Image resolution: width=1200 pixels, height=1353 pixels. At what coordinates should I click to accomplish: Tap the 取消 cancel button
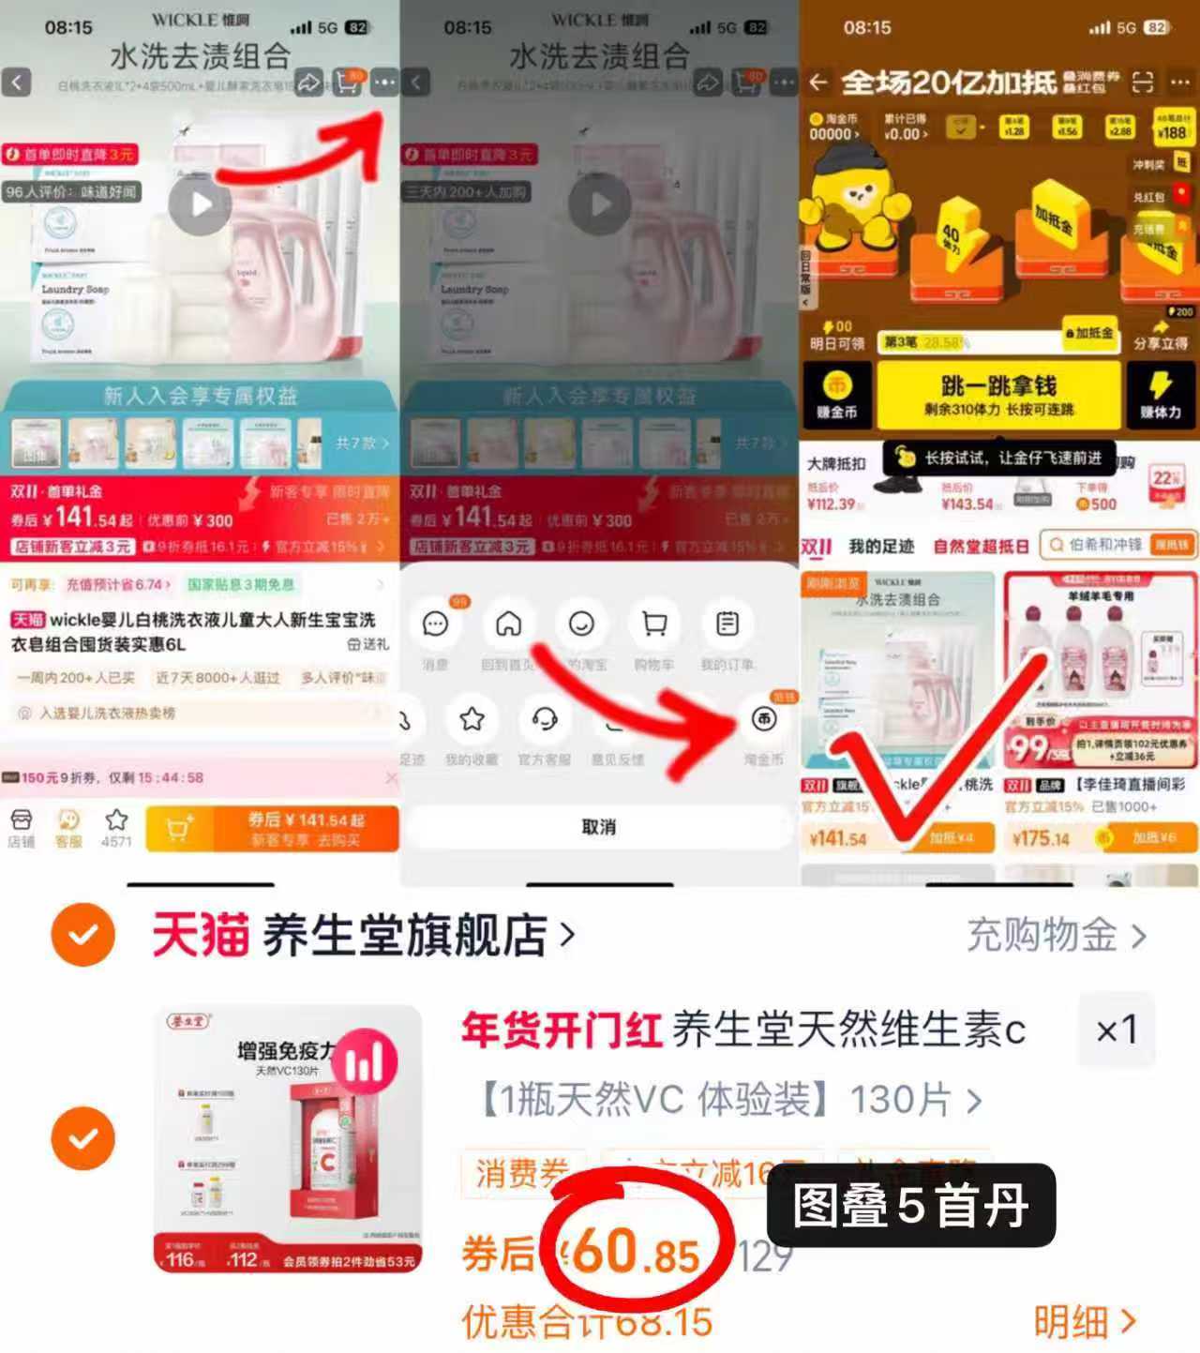pos(598,827)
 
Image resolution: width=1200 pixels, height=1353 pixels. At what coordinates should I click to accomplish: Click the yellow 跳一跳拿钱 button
pos(997,395)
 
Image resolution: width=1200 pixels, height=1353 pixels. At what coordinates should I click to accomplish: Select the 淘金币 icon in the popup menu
pos(764,719)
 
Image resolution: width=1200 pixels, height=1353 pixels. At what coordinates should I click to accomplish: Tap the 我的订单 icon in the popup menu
pos(727,624)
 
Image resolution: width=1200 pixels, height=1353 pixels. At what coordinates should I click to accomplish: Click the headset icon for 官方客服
pos(545,719)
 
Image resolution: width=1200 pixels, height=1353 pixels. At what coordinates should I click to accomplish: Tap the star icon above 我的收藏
pos(472,719)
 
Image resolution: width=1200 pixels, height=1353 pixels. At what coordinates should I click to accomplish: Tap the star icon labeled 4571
pos(116,821)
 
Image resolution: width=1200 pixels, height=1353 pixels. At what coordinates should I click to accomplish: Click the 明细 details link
pos(1084,1321)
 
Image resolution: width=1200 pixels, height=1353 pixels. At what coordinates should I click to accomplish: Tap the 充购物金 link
pos(1055,935)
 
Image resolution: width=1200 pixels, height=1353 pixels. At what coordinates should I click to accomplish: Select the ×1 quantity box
pos(1117,1031)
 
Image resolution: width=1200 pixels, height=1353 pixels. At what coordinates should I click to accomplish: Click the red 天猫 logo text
pos(200,935)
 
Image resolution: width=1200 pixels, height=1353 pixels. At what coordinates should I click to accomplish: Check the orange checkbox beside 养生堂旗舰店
pos(83,935)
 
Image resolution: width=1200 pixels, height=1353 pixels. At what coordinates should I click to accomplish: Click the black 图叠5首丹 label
pos(910,1205)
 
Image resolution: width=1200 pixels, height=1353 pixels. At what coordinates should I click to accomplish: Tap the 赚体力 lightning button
pos(1160,395)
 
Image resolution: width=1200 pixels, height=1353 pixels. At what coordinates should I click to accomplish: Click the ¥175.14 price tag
pos(1040,837)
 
